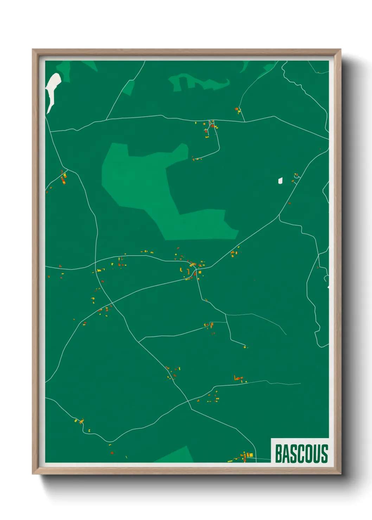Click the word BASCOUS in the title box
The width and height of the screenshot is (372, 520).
coord(301,454)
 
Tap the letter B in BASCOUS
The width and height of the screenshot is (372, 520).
coord(278,454)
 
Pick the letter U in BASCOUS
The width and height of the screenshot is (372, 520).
coord(316,454)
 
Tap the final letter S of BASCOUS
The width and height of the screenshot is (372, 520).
coord(324,454)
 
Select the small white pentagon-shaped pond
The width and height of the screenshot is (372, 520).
coord(280,181)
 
